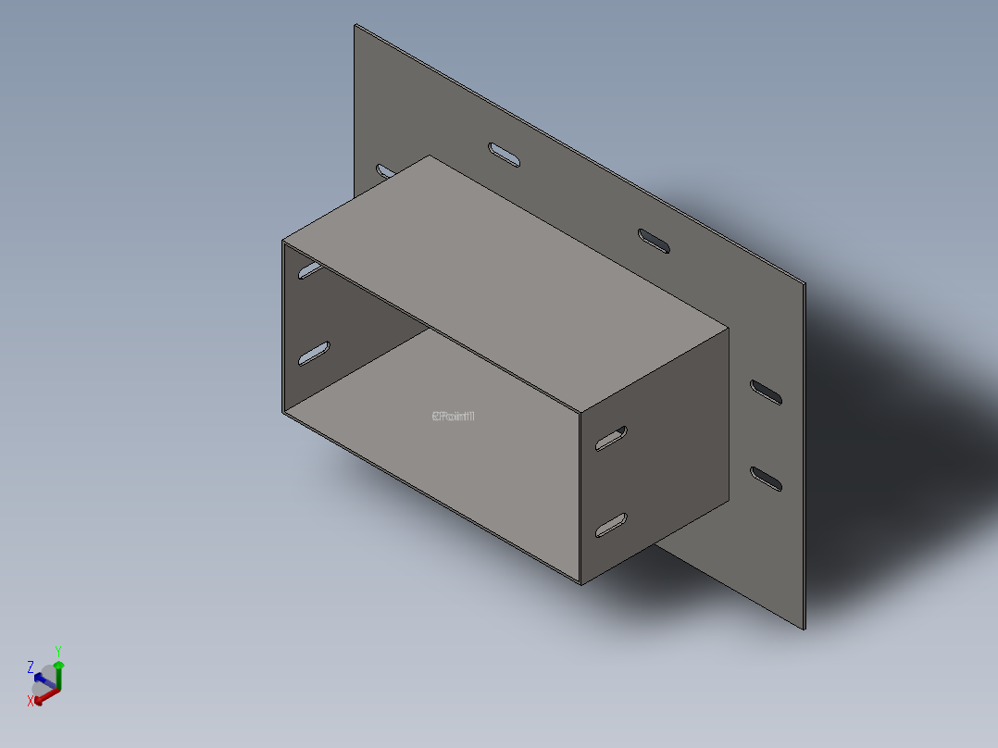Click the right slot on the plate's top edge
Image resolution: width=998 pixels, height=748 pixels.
coord(655,240)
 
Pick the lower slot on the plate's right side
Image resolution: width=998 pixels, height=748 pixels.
coord(766,479)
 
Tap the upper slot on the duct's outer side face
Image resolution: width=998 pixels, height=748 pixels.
coord(611,438)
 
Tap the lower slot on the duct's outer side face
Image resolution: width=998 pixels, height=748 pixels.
coord(611,526)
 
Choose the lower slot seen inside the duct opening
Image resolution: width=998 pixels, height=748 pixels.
coord(314,353)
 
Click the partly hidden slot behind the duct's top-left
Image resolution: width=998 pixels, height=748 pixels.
coord(384,171)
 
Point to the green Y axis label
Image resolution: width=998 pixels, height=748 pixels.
coord(57,651)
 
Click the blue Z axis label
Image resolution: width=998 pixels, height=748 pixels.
coord(31,667)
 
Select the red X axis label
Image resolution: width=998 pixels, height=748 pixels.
coord(31,701)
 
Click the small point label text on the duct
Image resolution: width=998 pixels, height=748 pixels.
coord(453,416)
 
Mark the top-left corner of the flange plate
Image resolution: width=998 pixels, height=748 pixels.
coord(356,25)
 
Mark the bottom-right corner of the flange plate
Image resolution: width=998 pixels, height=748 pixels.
coord(805,630)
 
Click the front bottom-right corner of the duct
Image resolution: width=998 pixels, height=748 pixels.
coord(580,584)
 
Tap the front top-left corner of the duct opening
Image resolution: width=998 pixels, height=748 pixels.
coord(282,241)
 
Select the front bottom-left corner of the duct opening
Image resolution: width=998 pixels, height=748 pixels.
coord(282,412)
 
